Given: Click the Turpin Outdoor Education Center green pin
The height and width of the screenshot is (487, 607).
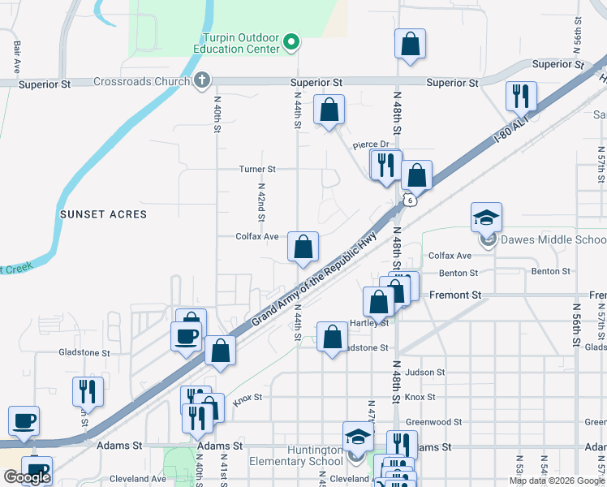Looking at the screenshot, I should pyautogui.click(x=293, y=42).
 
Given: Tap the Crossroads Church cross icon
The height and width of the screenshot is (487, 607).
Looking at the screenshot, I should pyautogui.click(x=202, y=80).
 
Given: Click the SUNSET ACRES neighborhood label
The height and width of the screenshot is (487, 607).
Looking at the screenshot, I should pyautogui.click(x=103, y=214).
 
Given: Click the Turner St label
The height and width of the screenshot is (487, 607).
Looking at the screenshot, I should pyautogui.click(x=257, y=170).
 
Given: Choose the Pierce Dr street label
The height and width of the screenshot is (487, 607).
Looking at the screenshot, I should pyautogui.click(x=372, y=144).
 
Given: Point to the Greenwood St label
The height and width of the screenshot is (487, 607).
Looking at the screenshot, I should pyautogui.click(x=433, y=422).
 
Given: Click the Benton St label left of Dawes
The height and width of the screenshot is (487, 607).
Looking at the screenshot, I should pyautogui.click(x=459, y=274).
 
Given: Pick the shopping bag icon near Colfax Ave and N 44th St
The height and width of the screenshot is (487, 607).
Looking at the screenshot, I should pyautogui.click(x=303, y=247).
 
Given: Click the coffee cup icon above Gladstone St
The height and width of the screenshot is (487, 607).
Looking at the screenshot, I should pyautogui.click(x=186, y=335).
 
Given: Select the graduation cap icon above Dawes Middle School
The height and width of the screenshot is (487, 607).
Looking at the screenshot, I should pyautogui.click(x=486, y=218).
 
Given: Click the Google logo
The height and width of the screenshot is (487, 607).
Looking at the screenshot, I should pyautogui.click(x=28, y=477).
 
